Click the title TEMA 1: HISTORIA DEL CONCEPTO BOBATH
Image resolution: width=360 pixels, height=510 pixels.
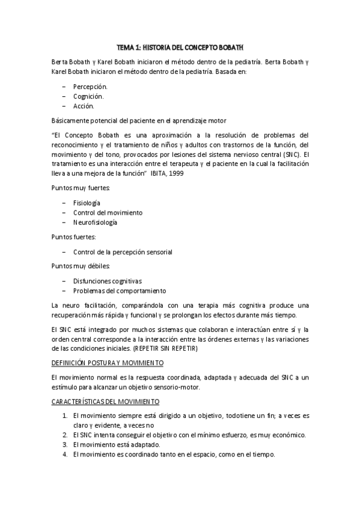[180, 46]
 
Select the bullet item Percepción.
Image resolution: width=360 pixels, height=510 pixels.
[90, 87]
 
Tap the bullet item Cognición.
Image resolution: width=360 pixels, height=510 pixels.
[88, 96]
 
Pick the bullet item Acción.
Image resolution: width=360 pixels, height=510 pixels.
[84, 106]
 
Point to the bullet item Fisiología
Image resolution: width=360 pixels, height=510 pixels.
[87, 203]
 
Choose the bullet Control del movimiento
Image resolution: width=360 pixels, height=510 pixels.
[108, 212]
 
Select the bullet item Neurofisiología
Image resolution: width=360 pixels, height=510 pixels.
[95, 222]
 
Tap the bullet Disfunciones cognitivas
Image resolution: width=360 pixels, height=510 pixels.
[108, 281]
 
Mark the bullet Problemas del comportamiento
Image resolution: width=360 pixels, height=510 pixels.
[115, 290]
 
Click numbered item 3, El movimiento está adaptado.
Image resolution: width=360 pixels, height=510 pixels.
[117, 444]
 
